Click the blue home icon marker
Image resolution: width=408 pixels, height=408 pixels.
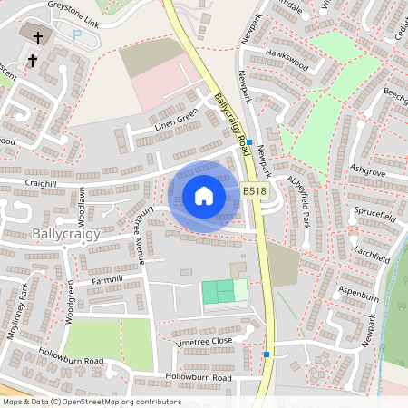(x=204, y=196)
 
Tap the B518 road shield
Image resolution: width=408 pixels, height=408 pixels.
(x=255, y=191)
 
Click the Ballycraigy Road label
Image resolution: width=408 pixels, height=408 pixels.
(x=232, y=121)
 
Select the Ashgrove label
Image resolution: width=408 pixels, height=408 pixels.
(x=366, y=170)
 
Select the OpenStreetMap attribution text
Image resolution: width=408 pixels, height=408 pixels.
(x=91, y=402)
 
